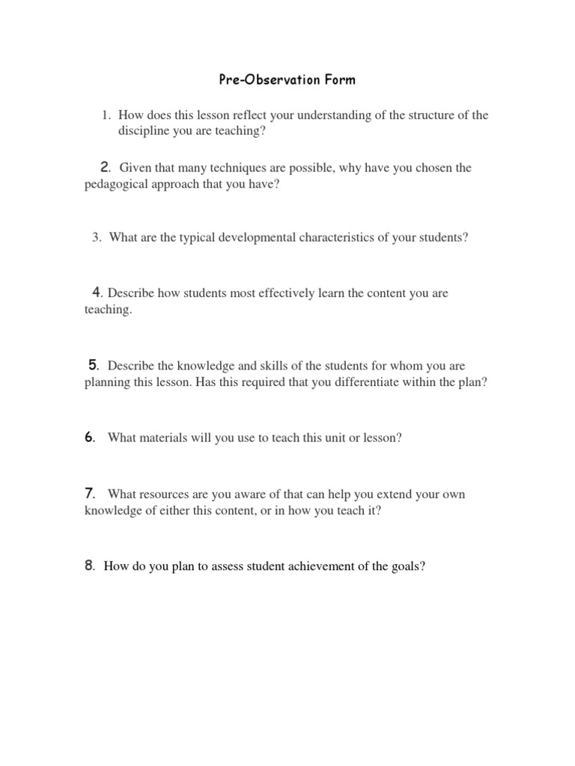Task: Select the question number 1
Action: click(106, 114)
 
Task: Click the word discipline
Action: click(143, 131)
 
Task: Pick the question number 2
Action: click(105, 167)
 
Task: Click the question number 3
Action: click(97, 238)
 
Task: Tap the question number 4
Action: click(97, 292)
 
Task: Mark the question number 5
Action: click(94, 364)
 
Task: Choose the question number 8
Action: click(89, 566)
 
